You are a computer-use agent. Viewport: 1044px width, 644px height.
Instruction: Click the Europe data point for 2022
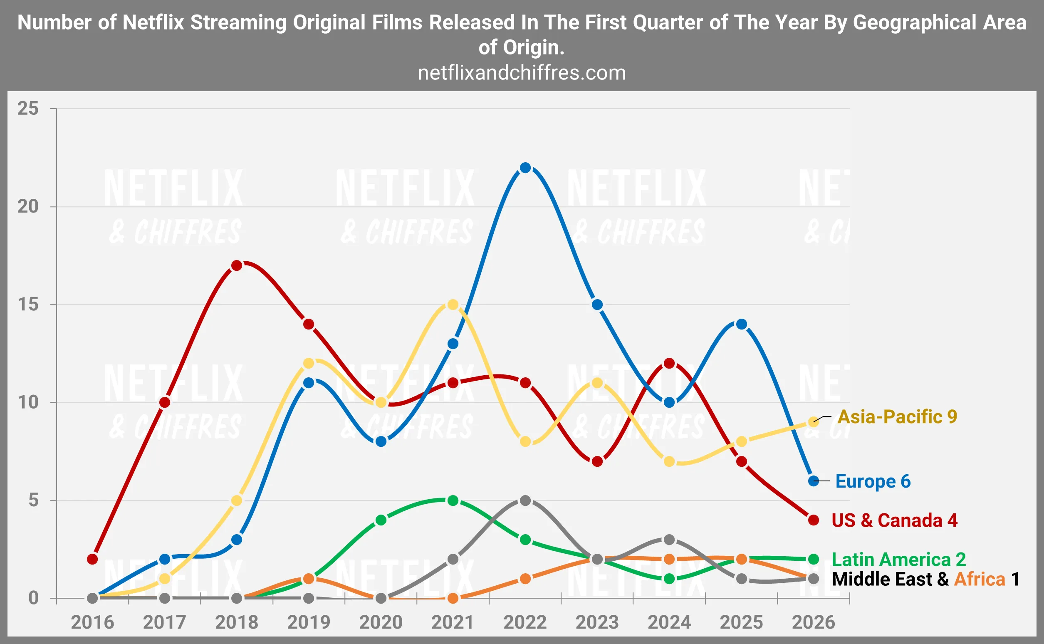tap(525, 168)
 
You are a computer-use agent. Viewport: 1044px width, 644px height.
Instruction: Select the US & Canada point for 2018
tap(237, 266)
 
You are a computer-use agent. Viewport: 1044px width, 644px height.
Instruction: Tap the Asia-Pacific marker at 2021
tap(453, 305)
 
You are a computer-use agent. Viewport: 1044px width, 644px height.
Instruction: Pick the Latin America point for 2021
tap(453, 500)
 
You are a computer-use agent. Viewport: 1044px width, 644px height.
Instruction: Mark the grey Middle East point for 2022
tap(525, 500)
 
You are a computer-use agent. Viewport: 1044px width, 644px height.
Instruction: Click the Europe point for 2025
tap(742, 324)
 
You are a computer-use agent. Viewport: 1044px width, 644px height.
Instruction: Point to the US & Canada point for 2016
tap(92, 559)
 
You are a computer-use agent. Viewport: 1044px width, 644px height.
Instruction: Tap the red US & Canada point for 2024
tap(669, 363)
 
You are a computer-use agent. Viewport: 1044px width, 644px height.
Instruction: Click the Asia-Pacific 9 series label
tap(897, 417)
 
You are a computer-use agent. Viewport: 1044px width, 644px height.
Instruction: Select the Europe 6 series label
tap(873, 481)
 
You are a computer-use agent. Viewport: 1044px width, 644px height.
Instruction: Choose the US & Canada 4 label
tap(894, 520)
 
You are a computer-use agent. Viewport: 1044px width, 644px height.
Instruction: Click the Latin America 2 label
tap(898, 559)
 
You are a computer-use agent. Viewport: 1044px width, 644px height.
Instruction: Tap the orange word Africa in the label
tap(979, 579)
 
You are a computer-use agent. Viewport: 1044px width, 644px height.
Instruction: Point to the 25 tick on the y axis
tap(28, 109)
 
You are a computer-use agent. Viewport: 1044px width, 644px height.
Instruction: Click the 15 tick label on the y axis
tap(28, 305)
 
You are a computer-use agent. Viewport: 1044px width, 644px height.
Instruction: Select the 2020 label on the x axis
tap(381, 622)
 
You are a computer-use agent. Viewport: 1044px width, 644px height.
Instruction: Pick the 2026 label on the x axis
tap(813, 622)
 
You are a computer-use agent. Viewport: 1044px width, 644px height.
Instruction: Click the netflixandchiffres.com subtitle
tap(522, 73)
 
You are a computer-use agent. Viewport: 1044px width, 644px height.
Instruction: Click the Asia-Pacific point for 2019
tap(309, 363)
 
